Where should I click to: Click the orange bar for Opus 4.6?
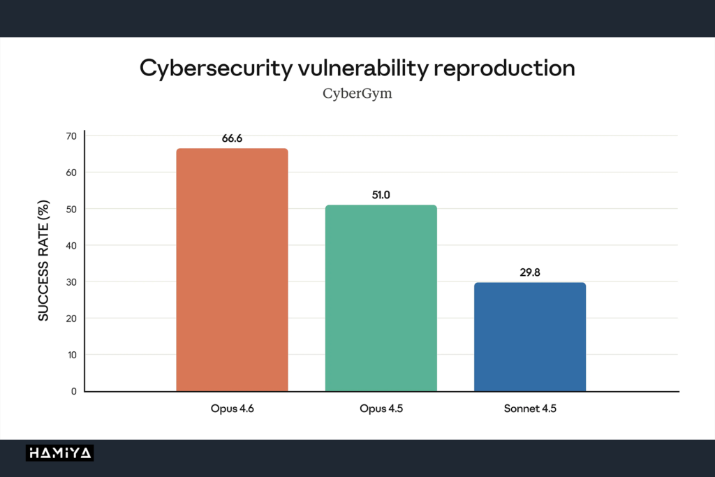click(232, 270)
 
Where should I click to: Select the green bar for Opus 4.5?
click(381, 298)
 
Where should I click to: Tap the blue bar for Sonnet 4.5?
click(530, 337)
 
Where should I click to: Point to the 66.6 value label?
click(232, 138)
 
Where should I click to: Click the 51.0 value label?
click(381, 195)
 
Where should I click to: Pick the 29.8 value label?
click(530, 272)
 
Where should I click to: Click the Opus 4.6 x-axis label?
click(232, 409)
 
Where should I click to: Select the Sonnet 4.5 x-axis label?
click(530, 409)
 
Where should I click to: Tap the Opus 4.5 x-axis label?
click(381, 409)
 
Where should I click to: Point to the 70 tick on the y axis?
click(71, 136)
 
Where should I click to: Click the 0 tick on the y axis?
click(74, 391)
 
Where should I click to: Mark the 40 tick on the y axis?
click(71, 245)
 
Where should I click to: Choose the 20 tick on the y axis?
click(71, 318)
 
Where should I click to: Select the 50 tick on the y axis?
click(71, 209)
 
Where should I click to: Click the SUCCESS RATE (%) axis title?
click(43, 260)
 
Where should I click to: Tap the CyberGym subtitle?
click(357, 94)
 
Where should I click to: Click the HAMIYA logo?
click(60, 453)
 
